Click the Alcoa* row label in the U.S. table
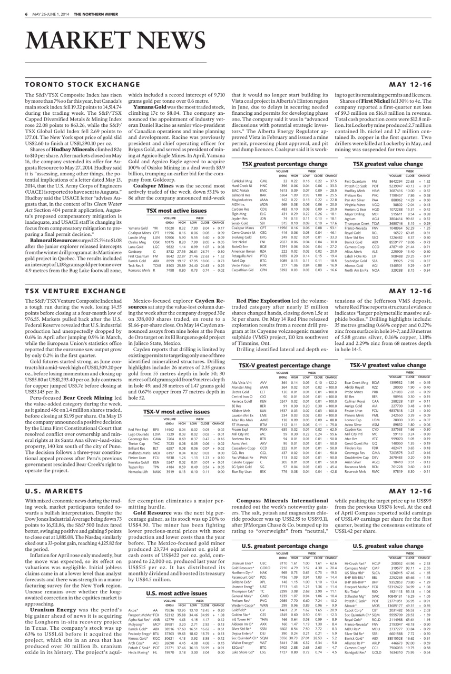[133, 596]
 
